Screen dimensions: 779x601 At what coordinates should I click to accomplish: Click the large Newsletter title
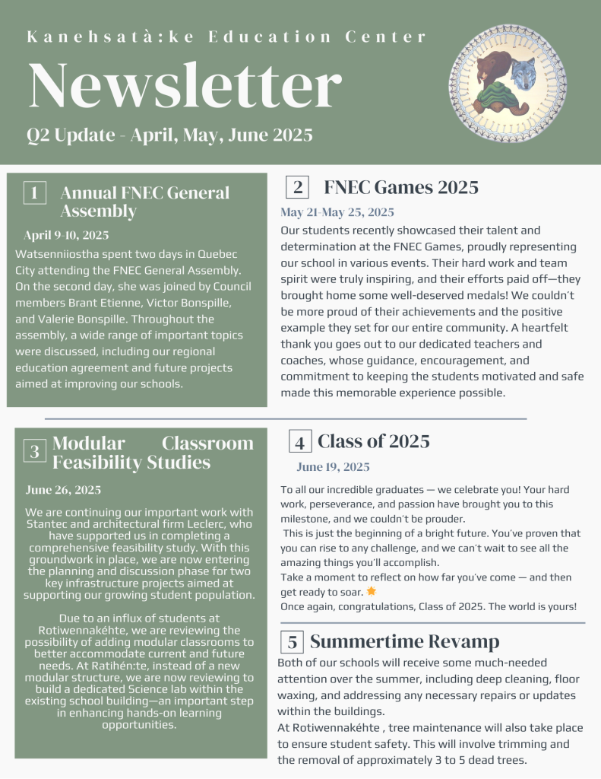[185, 86]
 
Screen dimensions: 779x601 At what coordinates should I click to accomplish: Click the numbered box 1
[34, 192]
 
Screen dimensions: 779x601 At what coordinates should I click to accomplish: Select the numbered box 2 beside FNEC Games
[297, 188]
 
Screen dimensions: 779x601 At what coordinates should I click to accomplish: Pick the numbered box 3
[34, 452]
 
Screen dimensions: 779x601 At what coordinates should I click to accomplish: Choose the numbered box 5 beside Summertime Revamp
[292, 642]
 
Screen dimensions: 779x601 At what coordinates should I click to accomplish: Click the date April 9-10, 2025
[66, 235]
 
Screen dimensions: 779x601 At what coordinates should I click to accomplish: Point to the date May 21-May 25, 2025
[337, 212]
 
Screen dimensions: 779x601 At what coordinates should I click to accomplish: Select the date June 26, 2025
[63, 490]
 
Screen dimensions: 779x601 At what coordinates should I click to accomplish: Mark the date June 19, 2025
[333, 467]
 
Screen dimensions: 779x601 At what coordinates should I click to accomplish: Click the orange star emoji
[371, 591]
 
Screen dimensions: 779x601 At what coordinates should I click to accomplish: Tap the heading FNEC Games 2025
[401, 187]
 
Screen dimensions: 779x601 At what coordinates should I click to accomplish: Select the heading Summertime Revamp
[404, 641]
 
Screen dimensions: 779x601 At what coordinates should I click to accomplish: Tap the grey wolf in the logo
[524, 74]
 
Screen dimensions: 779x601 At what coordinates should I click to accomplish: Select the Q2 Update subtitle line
[169, 135]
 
